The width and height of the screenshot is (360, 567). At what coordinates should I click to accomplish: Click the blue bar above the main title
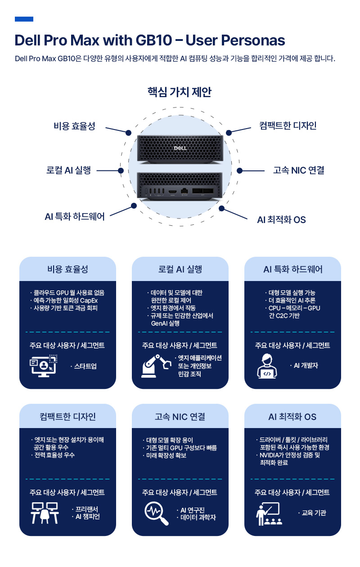click(x=24, y=19)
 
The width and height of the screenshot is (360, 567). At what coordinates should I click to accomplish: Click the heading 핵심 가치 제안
click(x=180, y=92)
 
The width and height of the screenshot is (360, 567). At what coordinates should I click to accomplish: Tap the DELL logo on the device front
click(x=180, y=148)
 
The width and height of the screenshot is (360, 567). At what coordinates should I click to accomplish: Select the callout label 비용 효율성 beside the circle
click(x=74, y=126)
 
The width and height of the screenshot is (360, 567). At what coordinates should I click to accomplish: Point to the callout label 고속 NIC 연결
click(x=298, y=170)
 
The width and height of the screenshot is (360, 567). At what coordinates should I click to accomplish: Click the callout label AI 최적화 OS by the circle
click(x=281, y=219)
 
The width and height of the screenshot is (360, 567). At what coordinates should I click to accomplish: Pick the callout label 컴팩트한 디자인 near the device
click(x=288, y=125)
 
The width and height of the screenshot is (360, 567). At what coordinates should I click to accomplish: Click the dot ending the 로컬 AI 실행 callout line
click(x=121, y=170)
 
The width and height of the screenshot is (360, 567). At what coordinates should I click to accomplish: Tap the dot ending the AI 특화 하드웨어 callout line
click(x=134, y=206)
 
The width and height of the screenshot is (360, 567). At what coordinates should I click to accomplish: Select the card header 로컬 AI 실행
click(x=180, y=269)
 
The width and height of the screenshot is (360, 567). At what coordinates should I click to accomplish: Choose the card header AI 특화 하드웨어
click(x=292, y=269)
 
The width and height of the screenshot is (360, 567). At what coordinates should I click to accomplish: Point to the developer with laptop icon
click(x=267, y=366)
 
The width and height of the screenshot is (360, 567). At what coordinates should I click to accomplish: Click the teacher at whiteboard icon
click(x=269, y=513)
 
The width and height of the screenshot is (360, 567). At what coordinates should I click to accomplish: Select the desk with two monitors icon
click(x=45, y=513)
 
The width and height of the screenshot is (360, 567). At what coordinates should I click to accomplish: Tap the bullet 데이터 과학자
click(x=198, y=518)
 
